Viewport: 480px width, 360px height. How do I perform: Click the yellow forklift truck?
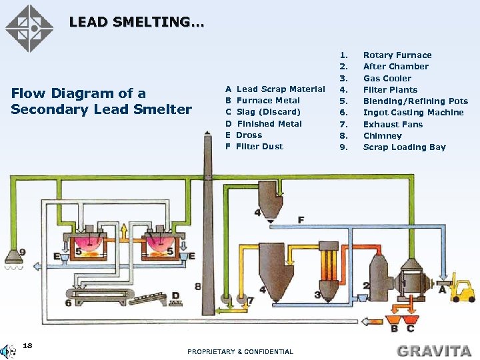pyautogui.click(x=461, y=290)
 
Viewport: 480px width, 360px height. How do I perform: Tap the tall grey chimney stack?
pyautogui.click(x=198, y=233)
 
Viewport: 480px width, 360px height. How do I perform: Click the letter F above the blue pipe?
pyautogui.click(x=301, y=219)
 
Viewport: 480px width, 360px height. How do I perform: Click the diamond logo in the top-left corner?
pyautogui.click(x=29, y=29)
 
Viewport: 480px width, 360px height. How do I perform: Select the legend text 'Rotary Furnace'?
pyautogui.click(x=397, y=55)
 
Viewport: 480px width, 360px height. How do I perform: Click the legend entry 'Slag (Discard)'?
pyautogui.click(x=268, y=112)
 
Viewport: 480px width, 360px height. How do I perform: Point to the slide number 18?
pyautogui.click(x=27, y=345)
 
